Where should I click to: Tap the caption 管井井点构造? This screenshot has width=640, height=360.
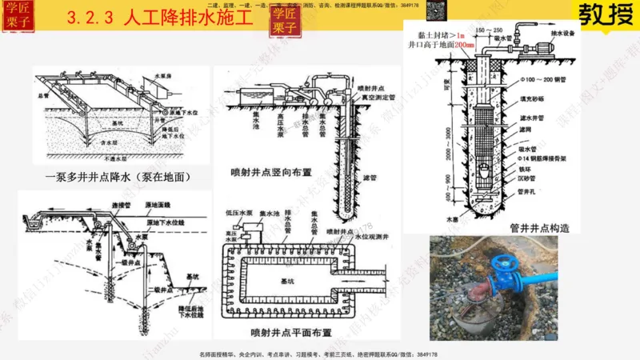click(540, 227)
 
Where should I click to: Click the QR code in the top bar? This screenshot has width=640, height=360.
click(435, 10)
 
